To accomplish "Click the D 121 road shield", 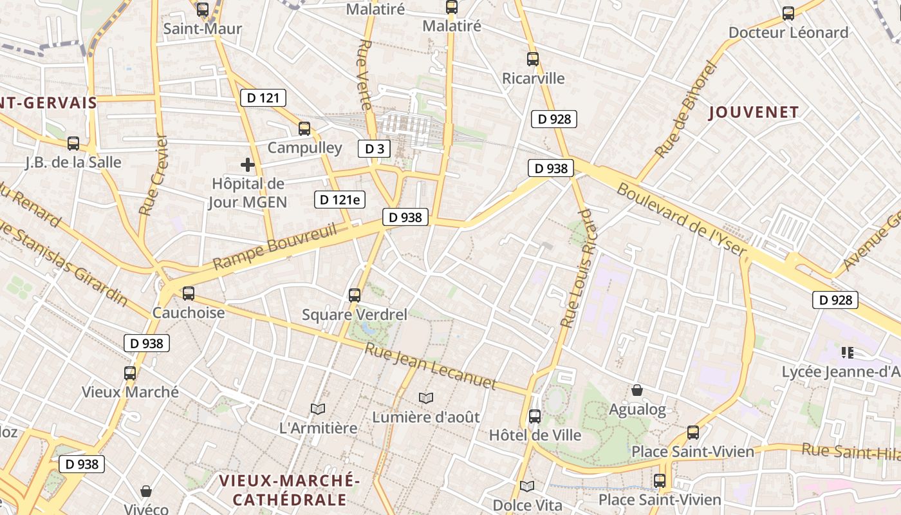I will click(263, 98).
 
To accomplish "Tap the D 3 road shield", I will click(375, 149).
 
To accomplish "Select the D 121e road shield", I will click(339, 200).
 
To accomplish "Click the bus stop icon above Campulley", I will click(304, 129).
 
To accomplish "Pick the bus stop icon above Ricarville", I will click(533, 59).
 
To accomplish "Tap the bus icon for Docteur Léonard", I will click(788, 14).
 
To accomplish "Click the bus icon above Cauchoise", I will click(189, 294).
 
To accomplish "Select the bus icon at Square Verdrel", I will click(355, 295).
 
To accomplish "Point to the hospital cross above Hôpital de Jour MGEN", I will click(248, 165).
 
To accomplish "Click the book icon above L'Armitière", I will click(318, 409).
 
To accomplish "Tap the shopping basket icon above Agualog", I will click(637, 390).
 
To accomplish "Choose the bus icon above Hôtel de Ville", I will click(535, 417).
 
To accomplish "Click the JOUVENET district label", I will click(754, 113).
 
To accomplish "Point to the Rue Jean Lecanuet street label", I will click(431, 366).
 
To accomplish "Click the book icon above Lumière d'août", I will click(426, 398).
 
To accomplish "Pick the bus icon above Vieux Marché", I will click(130, 373).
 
